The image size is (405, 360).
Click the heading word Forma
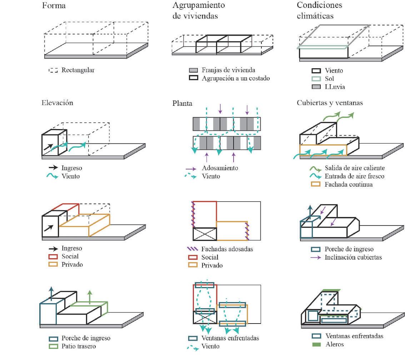point(54,6)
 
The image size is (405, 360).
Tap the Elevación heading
point(57,103)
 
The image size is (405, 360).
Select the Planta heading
point(182,103)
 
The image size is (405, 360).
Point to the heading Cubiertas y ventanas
point(330,103)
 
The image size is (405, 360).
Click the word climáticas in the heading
point(315,16)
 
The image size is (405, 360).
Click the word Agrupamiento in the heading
point(199,5)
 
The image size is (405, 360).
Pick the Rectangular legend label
point(78,70)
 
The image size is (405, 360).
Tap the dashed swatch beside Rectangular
point(53,70)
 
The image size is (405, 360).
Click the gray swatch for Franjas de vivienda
point(193,70)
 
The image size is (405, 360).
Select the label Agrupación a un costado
point(235,78)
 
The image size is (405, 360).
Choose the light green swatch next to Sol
point(316,79)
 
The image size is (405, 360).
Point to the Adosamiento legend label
point(220,168)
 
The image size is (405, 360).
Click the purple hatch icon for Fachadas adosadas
point(193,249)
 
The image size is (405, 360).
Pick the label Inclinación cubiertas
point(353,257)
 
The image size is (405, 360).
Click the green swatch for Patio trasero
point(53,346)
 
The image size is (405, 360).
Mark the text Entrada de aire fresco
point(354,176)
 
